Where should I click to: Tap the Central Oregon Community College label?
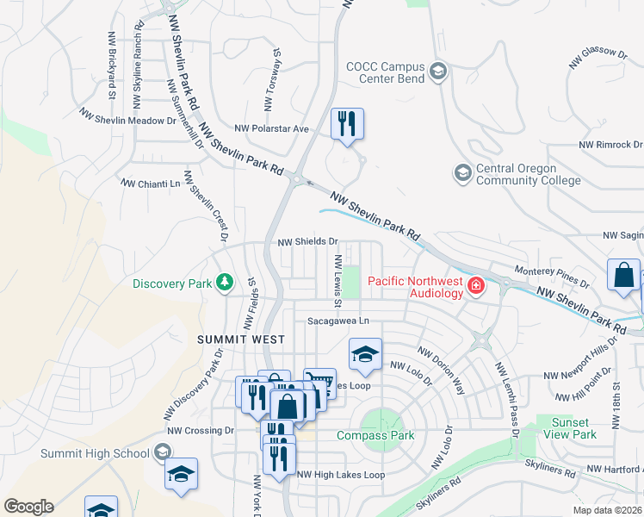(517, 174)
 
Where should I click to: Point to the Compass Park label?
(375, 435)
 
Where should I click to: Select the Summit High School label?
(95, 453)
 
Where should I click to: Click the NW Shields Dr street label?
(307, 243)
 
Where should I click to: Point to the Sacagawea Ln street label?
(338, 321)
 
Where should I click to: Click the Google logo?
(28, 507)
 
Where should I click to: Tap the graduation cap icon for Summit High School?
(161, 453)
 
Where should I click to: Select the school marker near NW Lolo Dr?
(365, 354)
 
